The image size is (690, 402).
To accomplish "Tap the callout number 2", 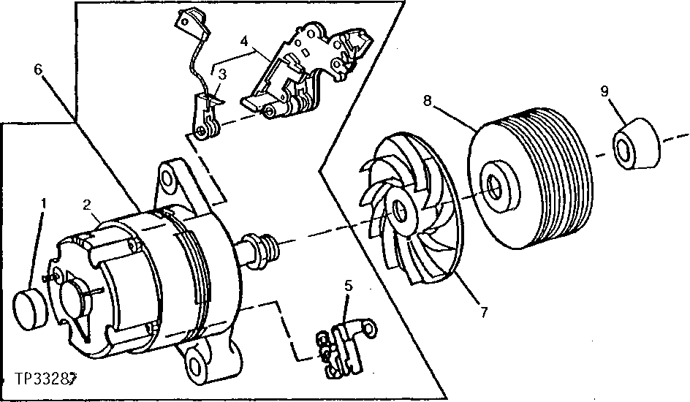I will pyautogui.click(x=88, y=205).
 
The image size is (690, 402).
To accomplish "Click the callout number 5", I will pyautogui.click(x=349, y=287).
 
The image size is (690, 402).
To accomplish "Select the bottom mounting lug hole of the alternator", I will pyautogui.click(x=197, y=361).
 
